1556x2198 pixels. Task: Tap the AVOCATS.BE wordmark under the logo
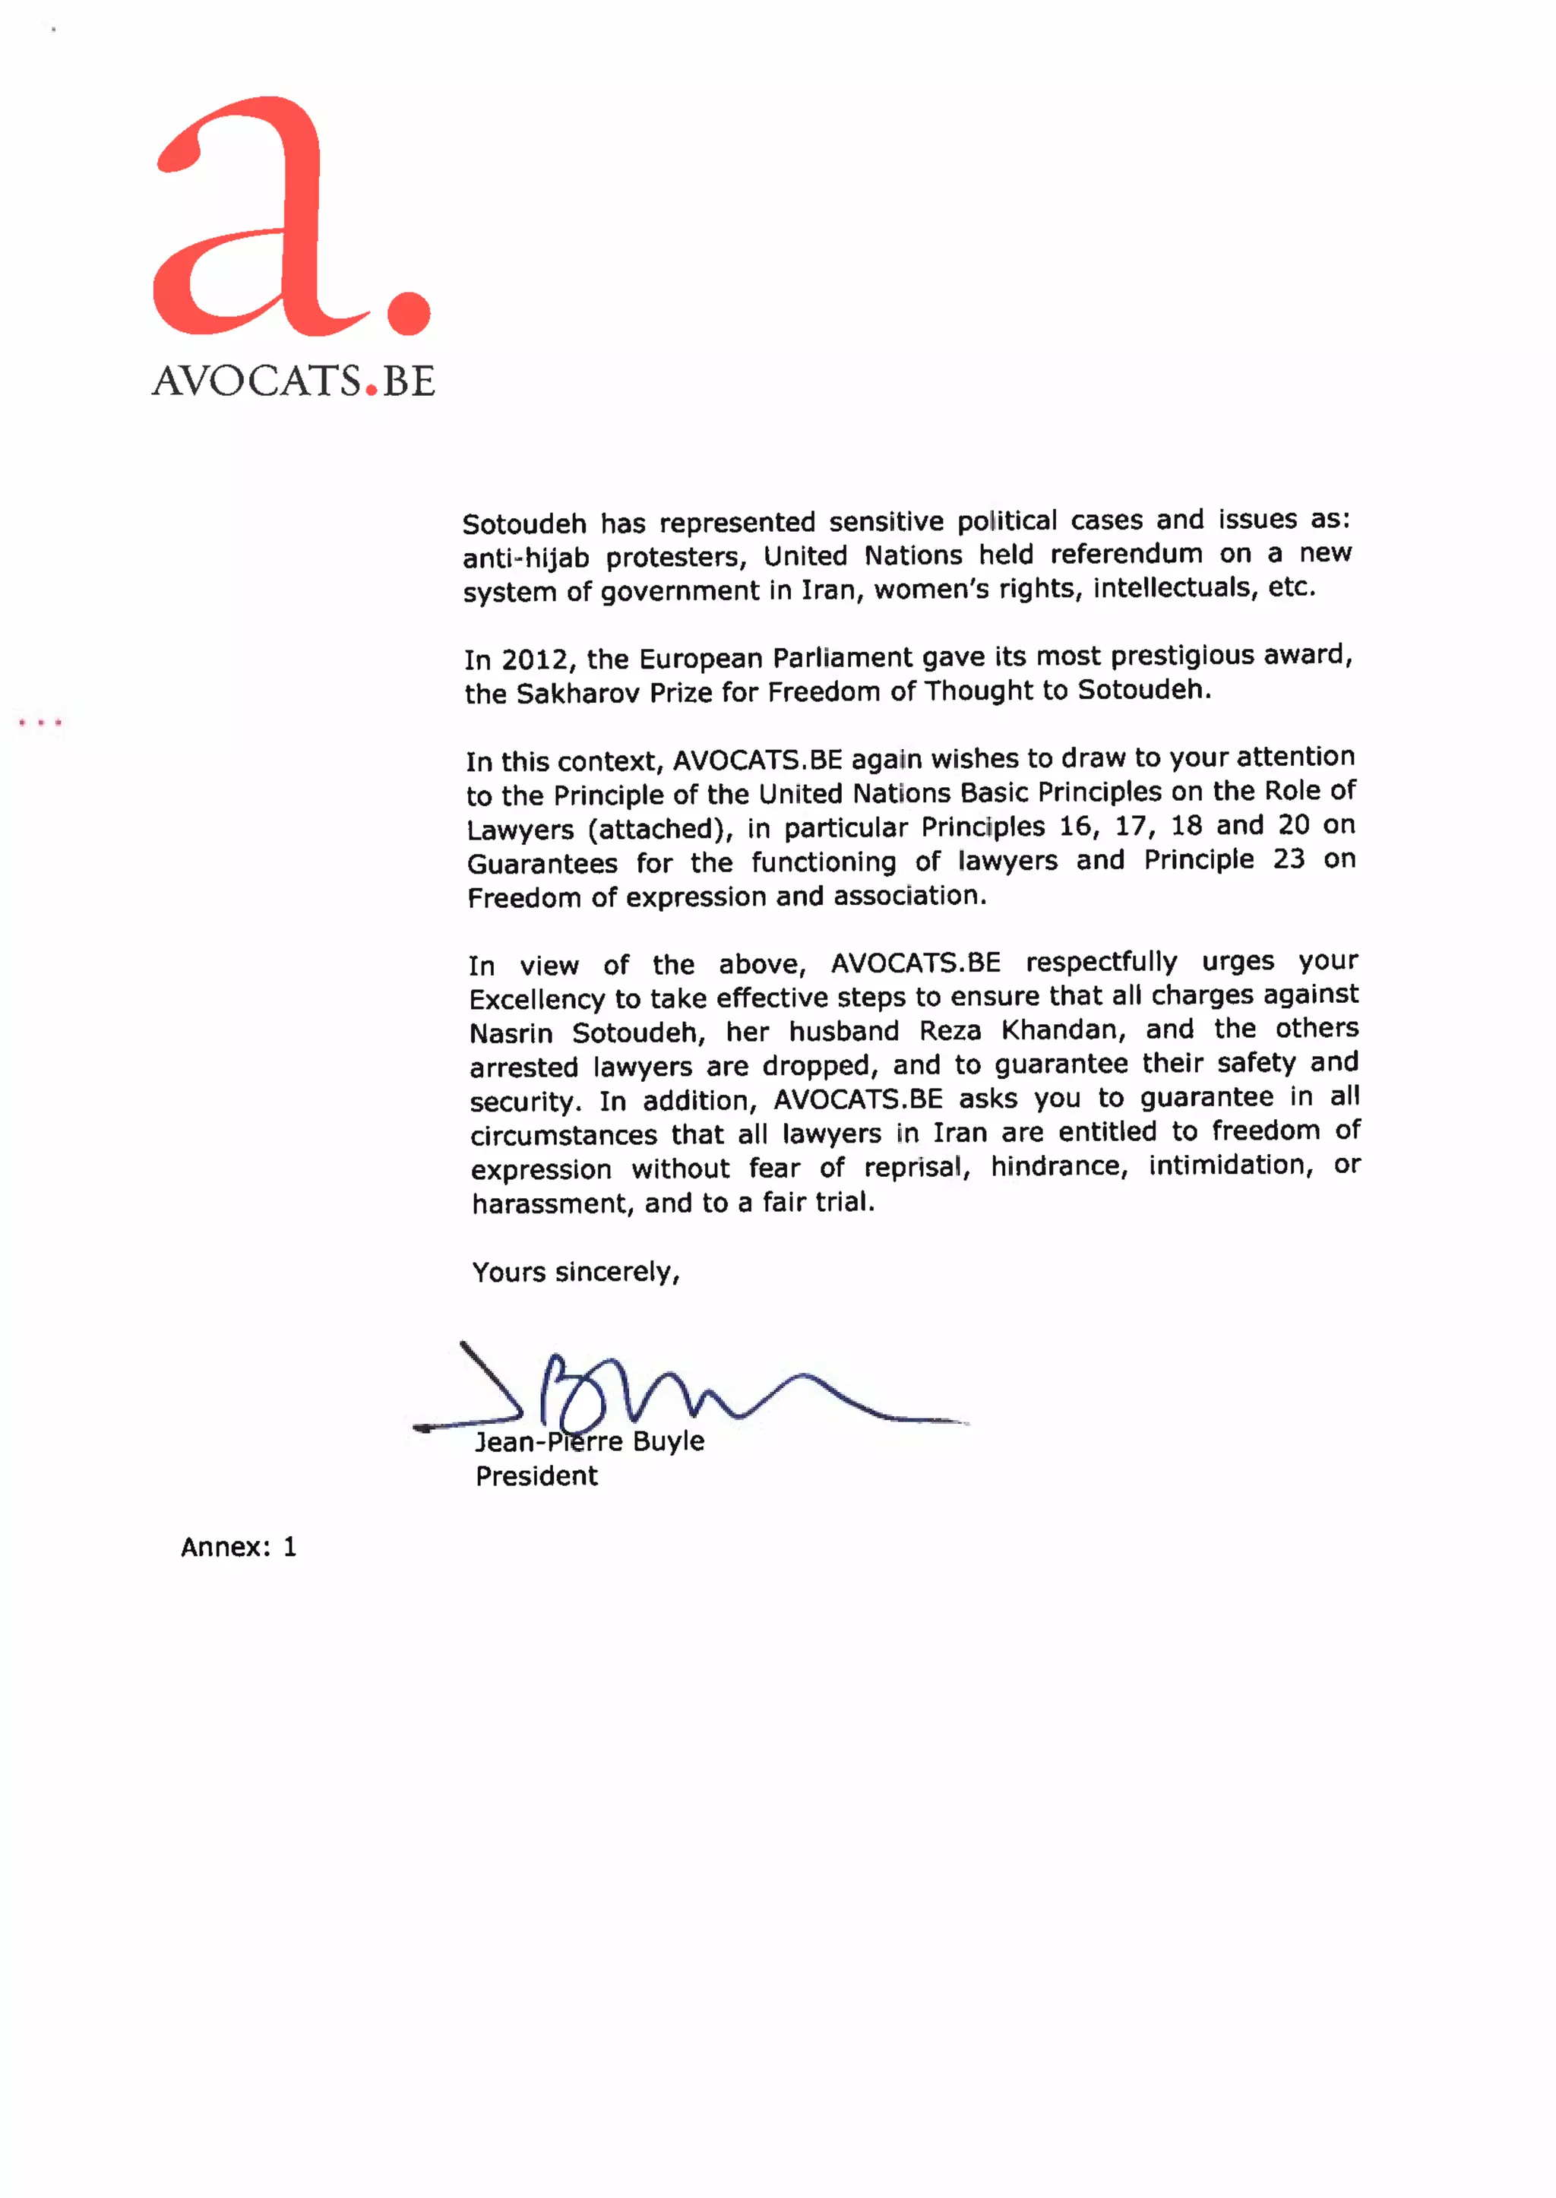pos(293,381)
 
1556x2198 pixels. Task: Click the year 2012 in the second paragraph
pos(536,660)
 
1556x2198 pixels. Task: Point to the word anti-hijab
pos(525,558)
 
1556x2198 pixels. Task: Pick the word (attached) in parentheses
pos(660,829)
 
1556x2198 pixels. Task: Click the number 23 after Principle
pos(1289,859)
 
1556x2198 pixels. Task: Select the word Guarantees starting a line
pos(542,865)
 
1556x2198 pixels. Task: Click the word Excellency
pos(536,999)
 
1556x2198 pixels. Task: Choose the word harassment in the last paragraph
pos(551,1203)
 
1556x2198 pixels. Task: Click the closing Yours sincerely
pos(575,1273)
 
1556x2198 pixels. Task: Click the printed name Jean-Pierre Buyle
pos(590,1442)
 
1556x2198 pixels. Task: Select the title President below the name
pos(536,1476)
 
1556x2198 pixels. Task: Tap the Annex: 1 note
pos(239,1548)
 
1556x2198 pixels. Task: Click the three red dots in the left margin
pos(40,723)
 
